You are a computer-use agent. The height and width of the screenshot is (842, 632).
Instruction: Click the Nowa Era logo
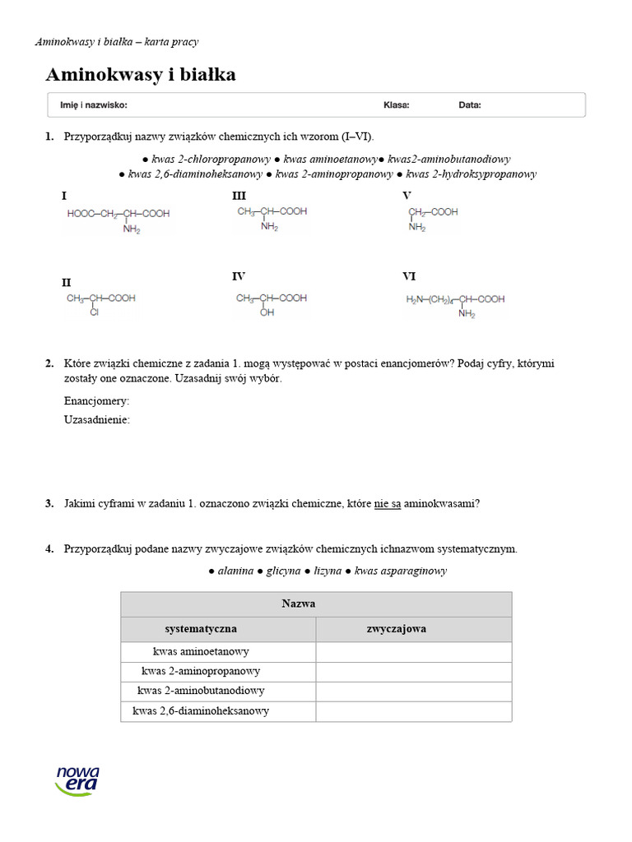click(77, 779)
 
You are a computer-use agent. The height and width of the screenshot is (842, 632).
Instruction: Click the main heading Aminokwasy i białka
click(141, 75)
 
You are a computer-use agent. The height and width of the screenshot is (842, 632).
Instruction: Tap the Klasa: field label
click(396, 105)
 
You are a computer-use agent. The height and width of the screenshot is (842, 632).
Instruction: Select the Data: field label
click(470, 105)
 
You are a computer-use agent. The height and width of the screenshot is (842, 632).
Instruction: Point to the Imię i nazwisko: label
click(94, 105)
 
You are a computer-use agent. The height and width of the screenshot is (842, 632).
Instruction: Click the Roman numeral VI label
click(409, 276)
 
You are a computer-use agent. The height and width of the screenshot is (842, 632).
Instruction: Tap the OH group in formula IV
click(267, 313)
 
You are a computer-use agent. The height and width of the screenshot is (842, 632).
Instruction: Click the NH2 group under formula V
click(417, 228)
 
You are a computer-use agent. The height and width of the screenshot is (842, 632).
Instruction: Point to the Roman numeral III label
click(239, 196)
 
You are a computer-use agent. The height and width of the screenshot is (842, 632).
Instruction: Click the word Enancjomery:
click(96, 401)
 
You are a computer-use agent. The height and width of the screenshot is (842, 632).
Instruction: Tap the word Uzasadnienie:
click(97, 420)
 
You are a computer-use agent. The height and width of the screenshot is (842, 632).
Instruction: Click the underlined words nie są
click(388, 504)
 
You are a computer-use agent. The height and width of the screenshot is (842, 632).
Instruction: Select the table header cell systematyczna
click(201, 629)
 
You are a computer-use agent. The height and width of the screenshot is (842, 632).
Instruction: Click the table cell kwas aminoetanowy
click(202, 651)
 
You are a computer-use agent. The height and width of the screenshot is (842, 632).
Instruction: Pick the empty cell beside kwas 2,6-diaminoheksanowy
click(413, 710)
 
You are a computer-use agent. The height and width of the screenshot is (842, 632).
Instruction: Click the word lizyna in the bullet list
click(328, 571)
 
